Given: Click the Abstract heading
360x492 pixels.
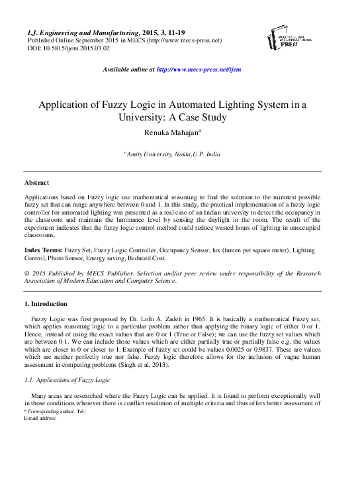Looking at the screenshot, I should (x=36, y=182).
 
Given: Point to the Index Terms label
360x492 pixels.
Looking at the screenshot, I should (x=43, y=252).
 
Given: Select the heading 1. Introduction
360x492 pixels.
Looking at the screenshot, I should (x=45, y=304).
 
